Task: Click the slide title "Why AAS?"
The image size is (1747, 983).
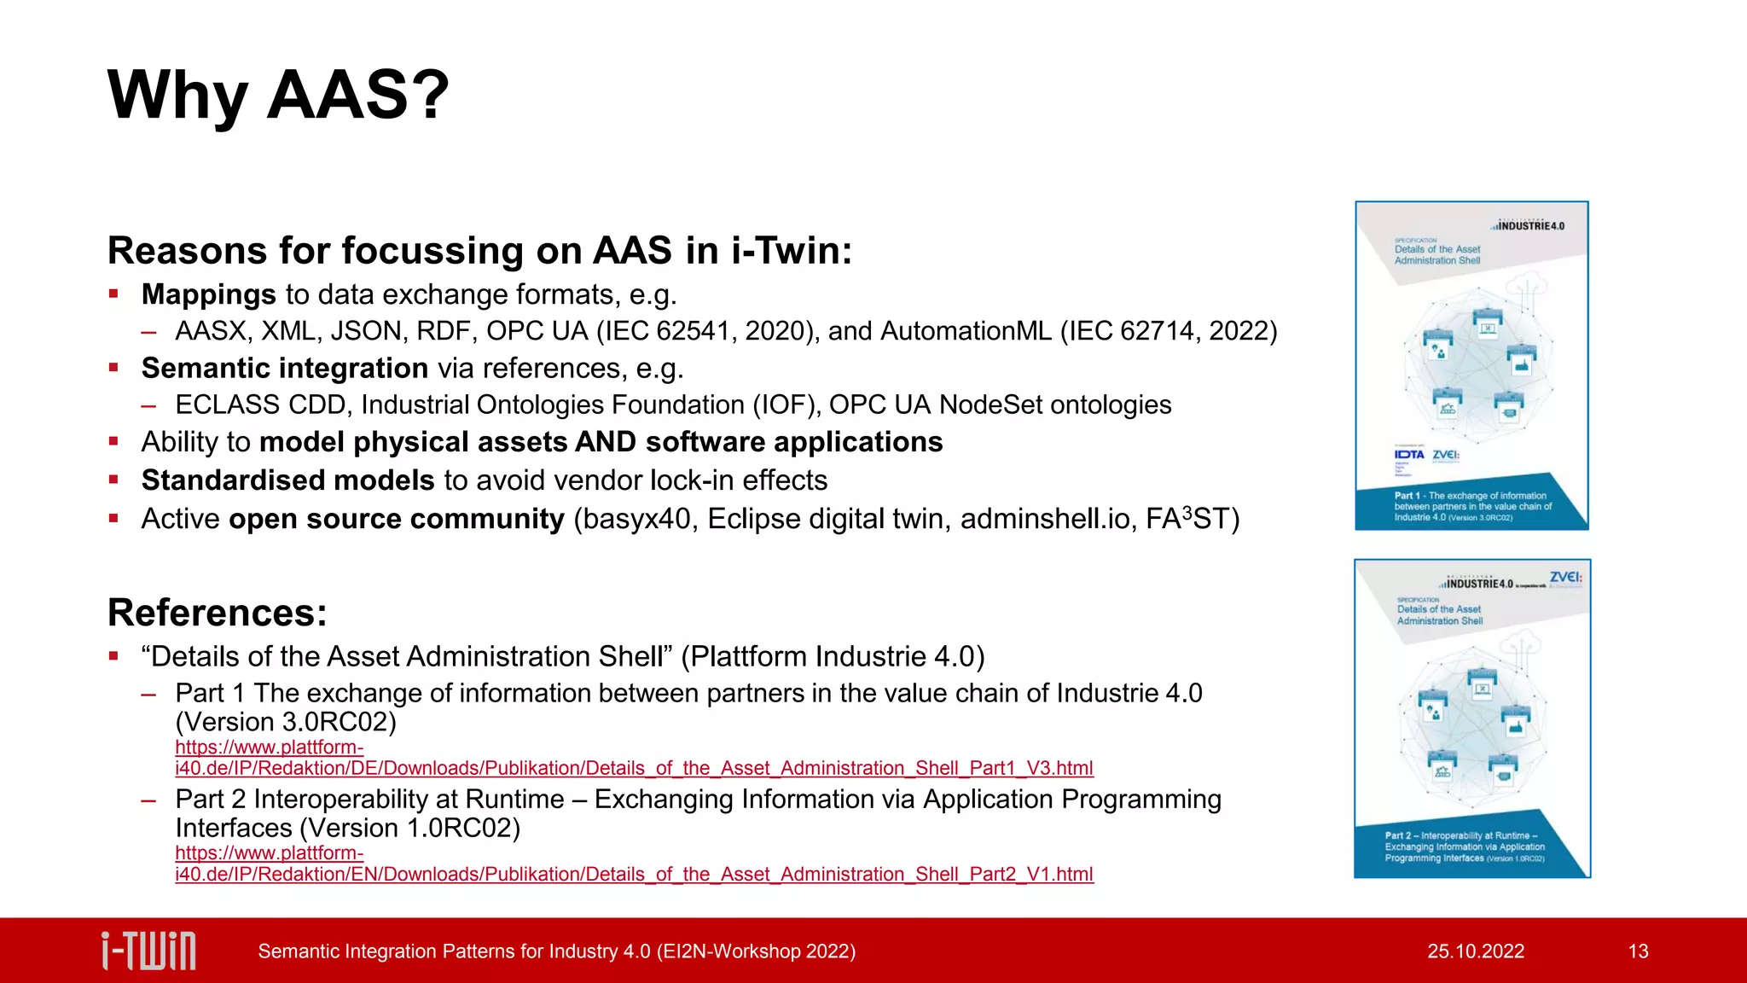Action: (278, 95)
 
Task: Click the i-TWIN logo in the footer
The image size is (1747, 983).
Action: (148, 951)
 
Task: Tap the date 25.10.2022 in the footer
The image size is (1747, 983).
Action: (1476, 951)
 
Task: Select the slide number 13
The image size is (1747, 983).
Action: (1638, 951)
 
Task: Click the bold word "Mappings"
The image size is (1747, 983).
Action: (209, 294)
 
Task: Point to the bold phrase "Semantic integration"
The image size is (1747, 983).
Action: (285, 368)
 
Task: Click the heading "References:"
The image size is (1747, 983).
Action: (218, 613)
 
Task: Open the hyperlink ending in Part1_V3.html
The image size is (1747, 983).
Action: (634, 768)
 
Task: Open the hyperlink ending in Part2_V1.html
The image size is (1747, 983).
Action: (634, 874)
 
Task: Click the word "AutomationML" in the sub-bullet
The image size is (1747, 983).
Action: (966, 331)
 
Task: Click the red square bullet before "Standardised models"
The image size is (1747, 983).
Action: (113, 480)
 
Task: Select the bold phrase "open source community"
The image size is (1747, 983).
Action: (397, 519)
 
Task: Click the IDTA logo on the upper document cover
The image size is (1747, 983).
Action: (1409, 455)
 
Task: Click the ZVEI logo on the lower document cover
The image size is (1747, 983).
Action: (1565, 578)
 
